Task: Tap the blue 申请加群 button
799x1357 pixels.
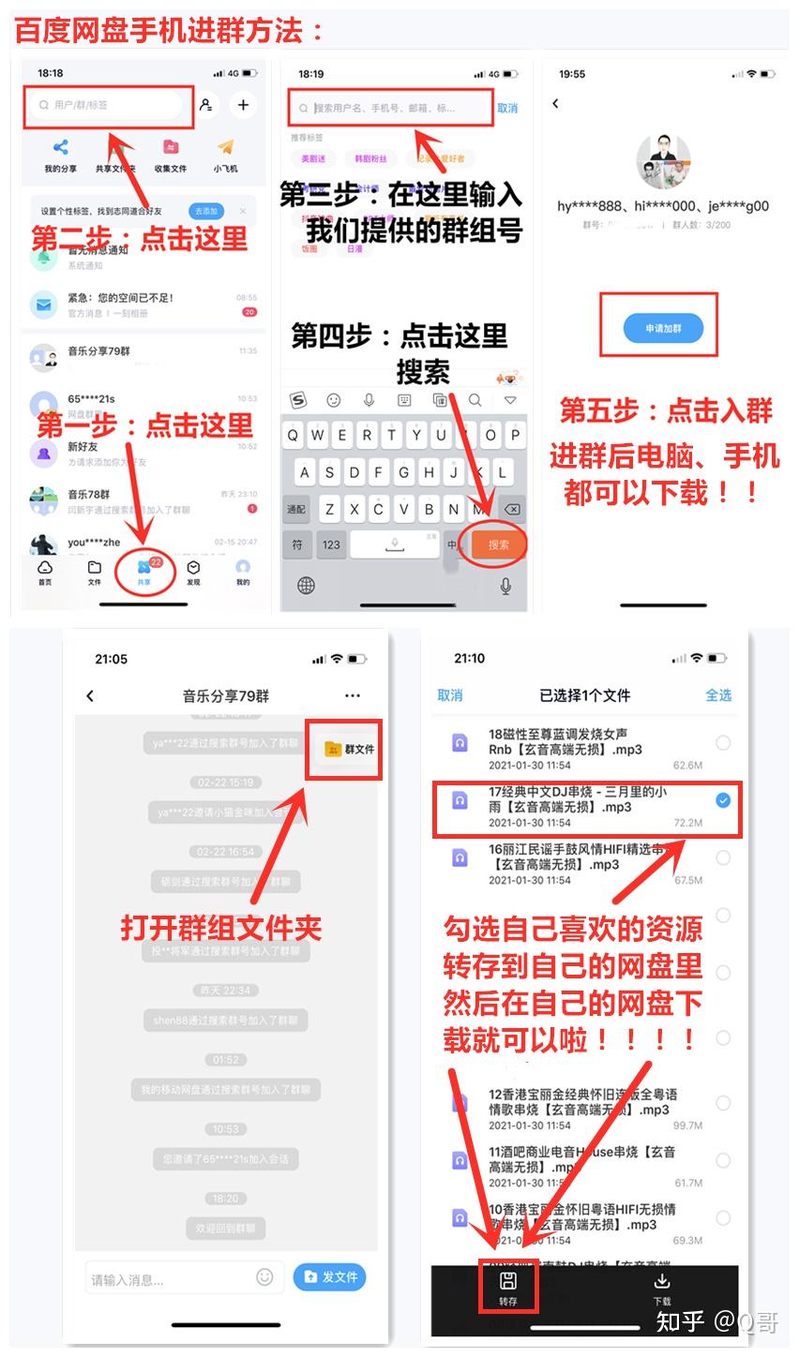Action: click(662, 328)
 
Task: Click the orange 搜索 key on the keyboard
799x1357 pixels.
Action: click(497, 544)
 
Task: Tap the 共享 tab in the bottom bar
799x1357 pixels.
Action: click(143, 571)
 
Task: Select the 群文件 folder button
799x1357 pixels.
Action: click(347, 749)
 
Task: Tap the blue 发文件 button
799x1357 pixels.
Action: click(329, 1276)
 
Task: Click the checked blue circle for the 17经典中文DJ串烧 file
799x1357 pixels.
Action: click(723, 800)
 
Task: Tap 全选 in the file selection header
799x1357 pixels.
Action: click(718, 695)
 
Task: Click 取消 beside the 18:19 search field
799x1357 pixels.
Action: click(507, 109)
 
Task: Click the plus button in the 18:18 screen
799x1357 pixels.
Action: click(243, 105)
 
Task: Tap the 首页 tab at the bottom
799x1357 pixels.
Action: click(45, 572)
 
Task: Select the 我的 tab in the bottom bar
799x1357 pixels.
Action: click(243, 572)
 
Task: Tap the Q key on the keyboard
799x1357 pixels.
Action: click(294, 435)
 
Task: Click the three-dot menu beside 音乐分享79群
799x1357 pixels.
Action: click(353, 695)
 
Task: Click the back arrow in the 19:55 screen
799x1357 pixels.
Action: click(556, 104)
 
